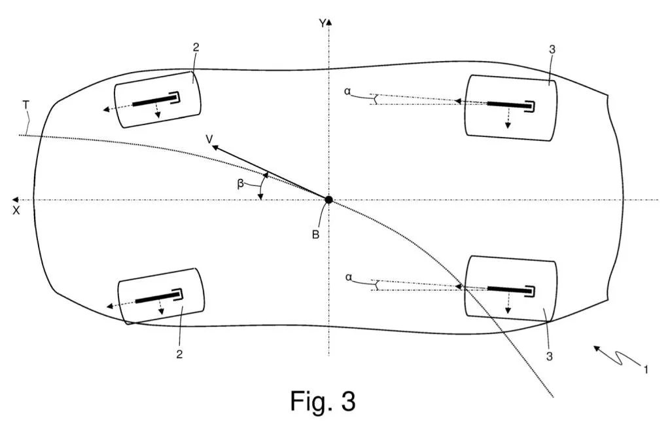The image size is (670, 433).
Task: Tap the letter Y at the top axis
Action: pyautogui.click(x=322, y=24)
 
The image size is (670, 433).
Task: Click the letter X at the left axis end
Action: pyautogui.click(x=16, y=211)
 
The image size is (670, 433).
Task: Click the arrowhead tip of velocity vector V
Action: pyautogui.click(x=212, y=147)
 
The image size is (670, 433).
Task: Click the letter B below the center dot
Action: pyautogui.click(x=315, y=235)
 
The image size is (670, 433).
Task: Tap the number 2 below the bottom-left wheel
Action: pyautogui.click(x=179, y=354)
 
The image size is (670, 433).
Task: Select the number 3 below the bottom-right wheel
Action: pyautogui.click(x=550, y=356)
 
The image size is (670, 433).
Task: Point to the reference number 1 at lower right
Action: pyautogui.click(x=646, y=369)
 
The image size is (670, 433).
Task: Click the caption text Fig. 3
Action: pyautogui.click(x=323, y=401)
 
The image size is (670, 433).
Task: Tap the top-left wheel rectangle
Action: pyautogui.click(x=157, y=98)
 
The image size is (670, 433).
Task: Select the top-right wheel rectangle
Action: pyautogui.click(x=511, y=105)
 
